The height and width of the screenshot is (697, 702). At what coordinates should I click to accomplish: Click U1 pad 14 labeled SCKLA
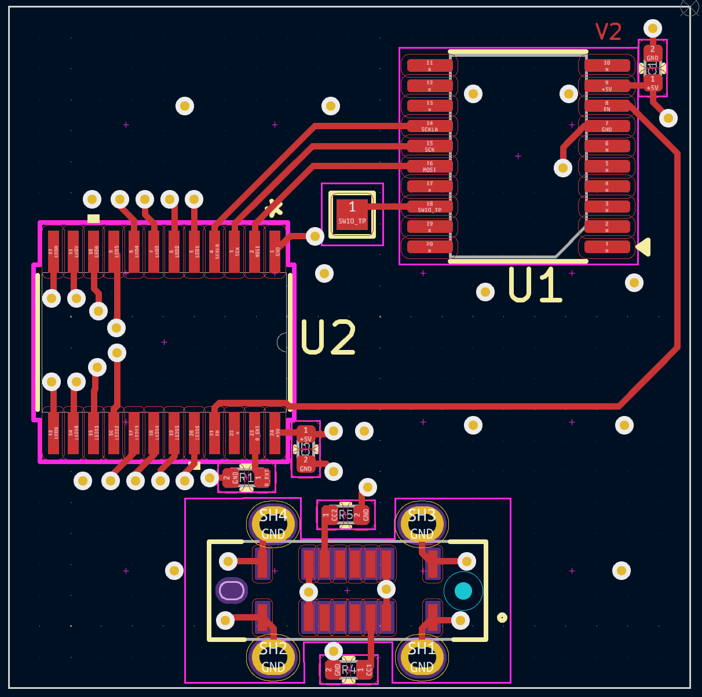[430, 126]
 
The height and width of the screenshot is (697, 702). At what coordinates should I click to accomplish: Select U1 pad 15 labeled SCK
[430, 146]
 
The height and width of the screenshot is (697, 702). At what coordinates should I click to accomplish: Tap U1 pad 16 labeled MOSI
[430, 166]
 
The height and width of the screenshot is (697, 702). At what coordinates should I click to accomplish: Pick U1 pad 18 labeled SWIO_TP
[430, 207]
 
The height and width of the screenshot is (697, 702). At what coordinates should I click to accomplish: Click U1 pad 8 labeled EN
[607, 106]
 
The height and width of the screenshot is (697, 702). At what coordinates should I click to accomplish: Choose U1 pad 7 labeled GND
[607, 126]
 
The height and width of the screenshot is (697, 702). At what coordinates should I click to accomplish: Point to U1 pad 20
[430, 247]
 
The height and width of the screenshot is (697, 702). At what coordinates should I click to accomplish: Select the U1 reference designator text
[535, 284]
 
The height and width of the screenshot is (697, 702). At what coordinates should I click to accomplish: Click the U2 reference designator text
[328, 337]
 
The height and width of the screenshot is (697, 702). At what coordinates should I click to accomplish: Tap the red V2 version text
[608, 32]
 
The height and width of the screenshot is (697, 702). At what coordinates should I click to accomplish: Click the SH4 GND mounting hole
[273, 524]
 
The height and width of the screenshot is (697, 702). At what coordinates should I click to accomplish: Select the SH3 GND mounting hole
[422, 524]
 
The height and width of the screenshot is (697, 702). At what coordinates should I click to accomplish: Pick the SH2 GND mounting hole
[273, 658]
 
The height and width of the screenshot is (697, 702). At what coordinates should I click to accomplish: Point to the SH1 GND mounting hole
[422, 658]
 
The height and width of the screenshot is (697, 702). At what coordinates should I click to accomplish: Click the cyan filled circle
[463, 591]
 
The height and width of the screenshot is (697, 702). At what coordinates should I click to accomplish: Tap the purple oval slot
[232, 590]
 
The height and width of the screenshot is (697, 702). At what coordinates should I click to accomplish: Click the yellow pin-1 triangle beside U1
[644, 247]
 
